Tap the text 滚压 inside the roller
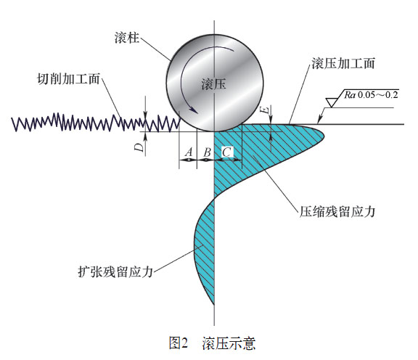tap(214, 84)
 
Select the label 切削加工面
tap(68, 79)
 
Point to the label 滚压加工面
tap(343, 63)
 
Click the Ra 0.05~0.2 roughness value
tap(371, 94)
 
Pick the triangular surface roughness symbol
tap(331, 102)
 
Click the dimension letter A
tap(189, 152)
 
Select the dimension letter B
tap(207, 152)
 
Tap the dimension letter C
tap(226, 152)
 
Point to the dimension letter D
tap(139, 147)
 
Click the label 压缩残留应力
tap(337, 212)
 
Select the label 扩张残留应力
tap(115, 272)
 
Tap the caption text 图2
tap(179, 343)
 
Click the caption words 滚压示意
tap(229, 343)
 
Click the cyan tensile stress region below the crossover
tap(205, 248)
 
